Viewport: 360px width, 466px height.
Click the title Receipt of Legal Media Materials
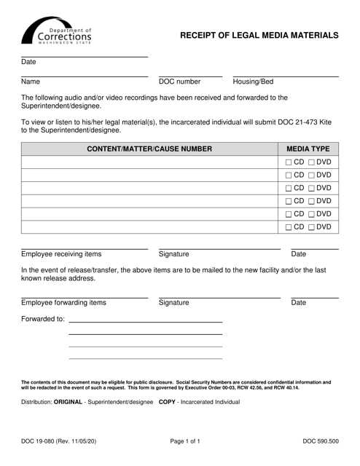[x=259, y=35]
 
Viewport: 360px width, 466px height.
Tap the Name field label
[x=31, y=82]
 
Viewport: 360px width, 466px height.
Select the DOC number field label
[x=179, y=82]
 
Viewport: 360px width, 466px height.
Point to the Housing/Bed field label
[x=253, y=82]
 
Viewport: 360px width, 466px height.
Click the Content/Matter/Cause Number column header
[x=149, y=149]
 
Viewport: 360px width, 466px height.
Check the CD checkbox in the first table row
[x=289, y=162]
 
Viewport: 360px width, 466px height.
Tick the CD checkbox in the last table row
[x=289, y=228]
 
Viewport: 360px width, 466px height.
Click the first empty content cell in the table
[x=149, y=162]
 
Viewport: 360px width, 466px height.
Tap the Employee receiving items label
[x=62, y=254]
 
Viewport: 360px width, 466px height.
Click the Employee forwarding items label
[x=63, y=302]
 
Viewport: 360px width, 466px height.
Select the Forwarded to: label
[x=43, y=319]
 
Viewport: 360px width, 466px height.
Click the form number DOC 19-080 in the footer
[x=58, y=441]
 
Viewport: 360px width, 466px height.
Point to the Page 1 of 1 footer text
[x=179, y=441]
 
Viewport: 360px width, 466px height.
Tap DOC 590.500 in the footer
[x=321, y=441]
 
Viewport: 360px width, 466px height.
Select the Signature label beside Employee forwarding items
[x=173, y=302]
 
